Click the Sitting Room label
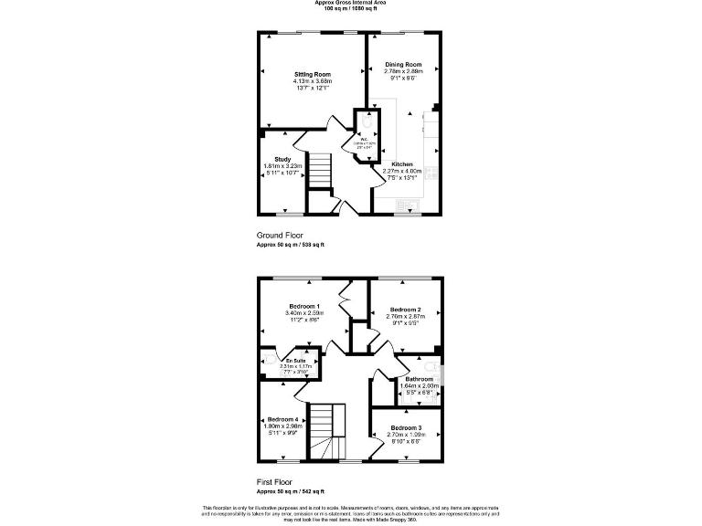pos(312,74)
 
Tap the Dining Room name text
pos(403,65)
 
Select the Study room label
pos(282,159)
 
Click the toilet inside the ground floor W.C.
pos(366,121)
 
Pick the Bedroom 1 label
pos(303,306)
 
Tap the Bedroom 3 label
pos(405,428)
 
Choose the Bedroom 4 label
pos(282,419)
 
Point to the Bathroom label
pos(419,379)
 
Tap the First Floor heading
pos(276,479)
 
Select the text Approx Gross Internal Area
pos(350,3)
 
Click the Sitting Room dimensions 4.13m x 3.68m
pos(312,81)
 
